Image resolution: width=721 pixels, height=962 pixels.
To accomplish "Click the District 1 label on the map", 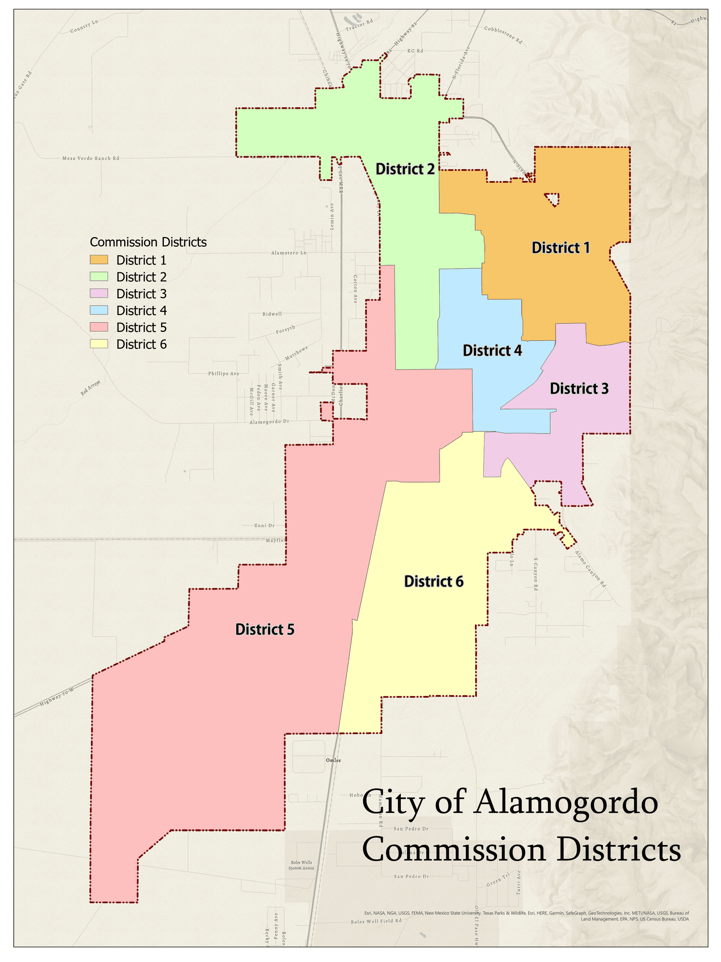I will coord(561,248).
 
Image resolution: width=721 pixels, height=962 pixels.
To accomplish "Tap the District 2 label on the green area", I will coord(404,169).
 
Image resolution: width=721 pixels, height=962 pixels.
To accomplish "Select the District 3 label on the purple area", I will coord(579,388).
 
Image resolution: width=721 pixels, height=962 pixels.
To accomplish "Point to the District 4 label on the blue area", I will coord(492,350).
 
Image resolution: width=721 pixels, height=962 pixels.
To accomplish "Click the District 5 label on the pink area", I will coord(265,629).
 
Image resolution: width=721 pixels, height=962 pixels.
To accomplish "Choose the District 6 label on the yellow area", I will coord(434,582).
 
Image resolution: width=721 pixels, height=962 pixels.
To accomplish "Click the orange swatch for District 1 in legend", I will coord(99,260).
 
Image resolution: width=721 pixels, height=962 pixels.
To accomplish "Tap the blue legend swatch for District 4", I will coord(99,310).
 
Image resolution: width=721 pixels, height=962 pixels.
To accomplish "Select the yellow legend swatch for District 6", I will coord(99,344).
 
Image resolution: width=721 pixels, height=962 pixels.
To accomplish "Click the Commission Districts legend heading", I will coord(148,242).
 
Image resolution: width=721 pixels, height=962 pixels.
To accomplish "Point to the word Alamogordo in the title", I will coord(565,803).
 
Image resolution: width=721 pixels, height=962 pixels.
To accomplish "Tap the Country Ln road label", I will coord(84,27).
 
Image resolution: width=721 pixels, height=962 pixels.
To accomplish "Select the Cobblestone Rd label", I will coord(503,35).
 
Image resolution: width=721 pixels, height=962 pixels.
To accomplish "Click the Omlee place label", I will coord(334,760).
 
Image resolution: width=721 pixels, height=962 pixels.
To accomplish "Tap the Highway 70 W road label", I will coord(57,697).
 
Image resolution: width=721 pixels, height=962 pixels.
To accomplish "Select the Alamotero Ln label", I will coord(288,253).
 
